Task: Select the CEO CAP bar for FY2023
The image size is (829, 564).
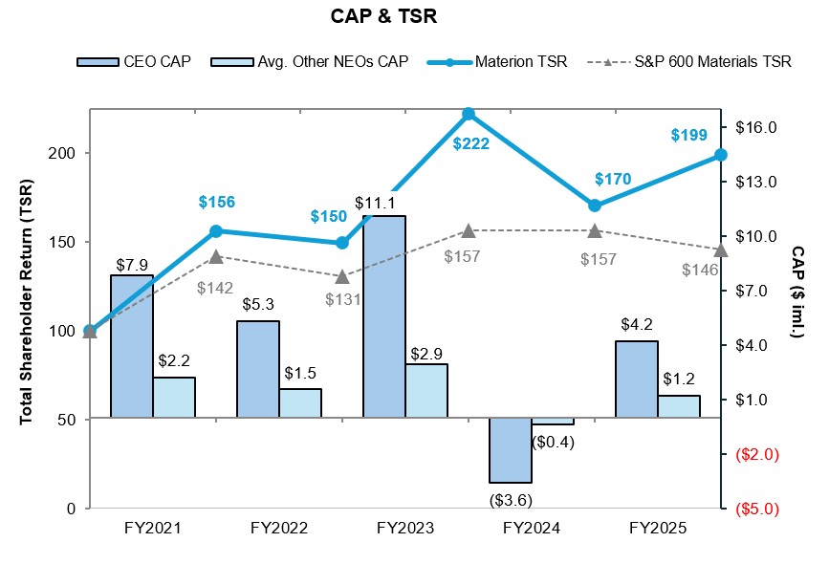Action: (x=383, y=316)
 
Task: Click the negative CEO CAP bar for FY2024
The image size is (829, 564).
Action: (x=510, y=450)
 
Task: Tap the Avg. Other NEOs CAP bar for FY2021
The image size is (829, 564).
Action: (x=173, y=398)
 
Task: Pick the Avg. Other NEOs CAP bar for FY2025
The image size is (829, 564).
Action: (x=678, y=407)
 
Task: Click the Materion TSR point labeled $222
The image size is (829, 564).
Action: (x=469, y=114)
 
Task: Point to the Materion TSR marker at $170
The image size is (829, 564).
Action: (x=595, y=206)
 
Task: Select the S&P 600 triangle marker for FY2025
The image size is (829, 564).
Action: (x=721, y=250)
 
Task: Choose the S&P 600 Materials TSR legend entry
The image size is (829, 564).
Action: (x=701, y=62)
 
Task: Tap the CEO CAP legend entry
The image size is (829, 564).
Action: (x=136, y=62)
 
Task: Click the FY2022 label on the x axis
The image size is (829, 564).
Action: (x=278, y=528)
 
